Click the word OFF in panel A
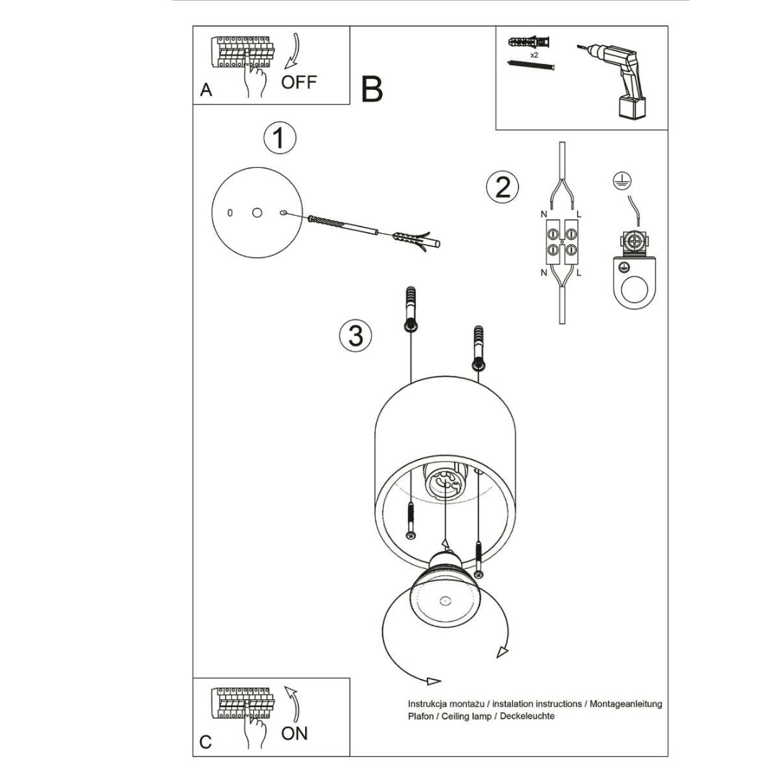click(x=299, y=81)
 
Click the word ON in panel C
click(x=294, y=733)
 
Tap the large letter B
click(x=372, y=89)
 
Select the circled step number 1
click(x=279, y=138)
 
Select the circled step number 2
click(x=502, y=186)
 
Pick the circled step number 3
click(x=355, y=335)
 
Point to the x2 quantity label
click(x=534, y=54)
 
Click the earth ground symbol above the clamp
click(x=618, y=182)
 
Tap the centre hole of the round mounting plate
click(x=257, y=212)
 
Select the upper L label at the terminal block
click(x=579, y=214)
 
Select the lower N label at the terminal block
click(x=543, y=273)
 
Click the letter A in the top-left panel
click(x=206, y=91)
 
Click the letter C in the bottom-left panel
click(x=206, y=742)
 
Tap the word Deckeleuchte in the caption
click(x=527, y=717)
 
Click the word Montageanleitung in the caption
click(x=625, y=704)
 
